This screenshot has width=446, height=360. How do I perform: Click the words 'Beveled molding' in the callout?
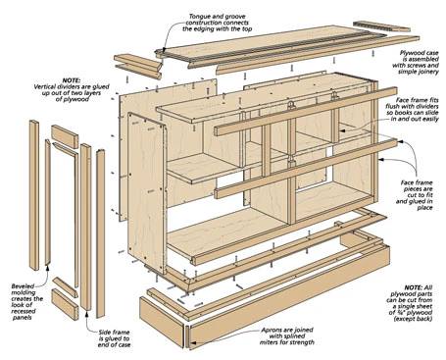tap(28, 270)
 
